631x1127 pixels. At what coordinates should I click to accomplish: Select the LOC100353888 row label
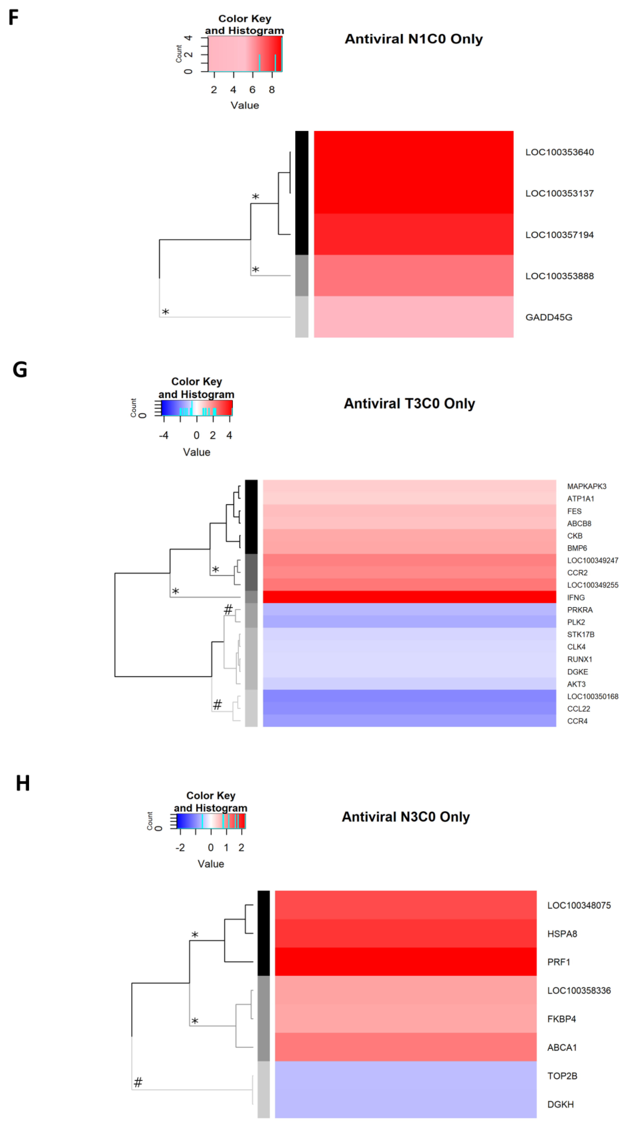click(x=559, y=276)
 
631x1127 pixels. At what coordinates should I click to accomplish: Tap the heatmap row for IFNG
click(x=409, y=597)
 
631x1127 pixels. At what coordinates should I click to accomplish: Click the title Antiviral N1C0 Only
click(x=414, y=39)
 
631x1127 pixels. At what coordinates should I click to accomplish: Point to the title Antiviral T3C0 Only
click(x=409, y=403)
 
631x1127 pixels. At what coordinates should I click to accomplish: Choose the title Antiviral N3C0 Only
click(x=406, y=817)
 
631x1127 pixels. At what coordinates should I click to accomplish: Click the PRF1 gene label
click(x=558, y=962)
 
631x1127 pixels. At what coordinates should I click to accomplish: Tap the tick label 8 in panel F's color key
click(x=272, y=90)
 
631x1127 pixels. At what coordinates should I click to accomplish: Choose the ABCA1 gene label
click(x=562, y=1047)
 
